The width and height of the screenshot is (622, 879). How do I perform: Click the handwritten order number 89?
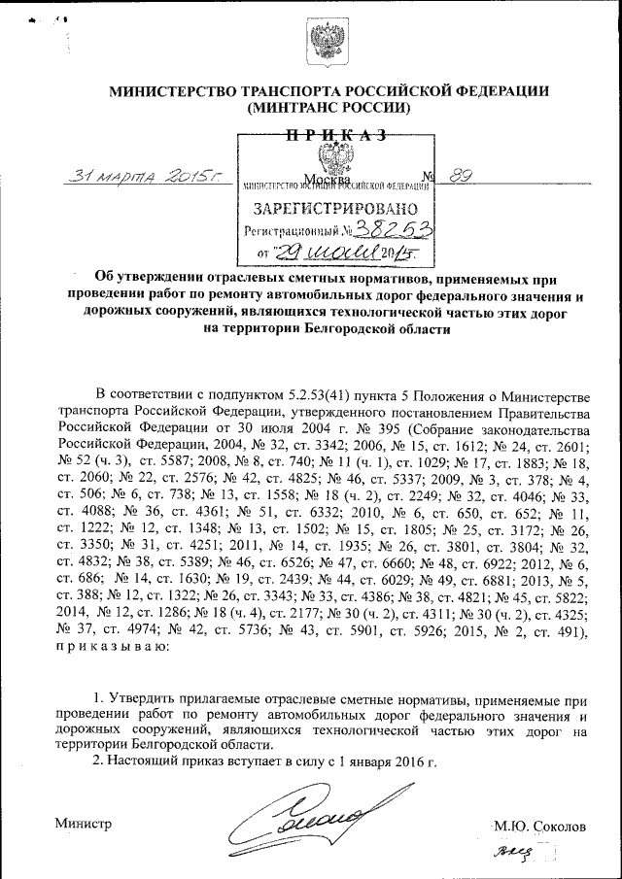pyautogui.click(x=464, y=176)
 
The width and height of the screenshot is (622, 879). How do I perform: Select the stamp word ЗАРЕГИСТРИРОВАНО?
pyautogui.click(x=335, y=208)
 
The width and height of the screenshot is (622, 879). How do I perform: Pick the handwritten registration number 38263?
pyautogui.click(x=394, y=229)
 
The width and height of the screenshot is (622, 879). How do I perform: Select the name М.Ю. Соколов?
pyautogui.click(x=540, y=827)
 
